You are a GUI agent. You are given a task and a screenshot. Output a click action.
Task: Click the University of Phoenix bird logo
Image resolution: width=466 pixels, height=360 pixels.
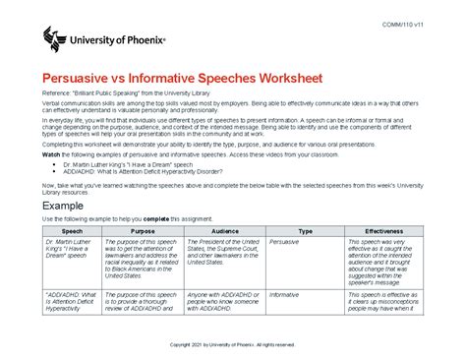click(56, 40)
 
